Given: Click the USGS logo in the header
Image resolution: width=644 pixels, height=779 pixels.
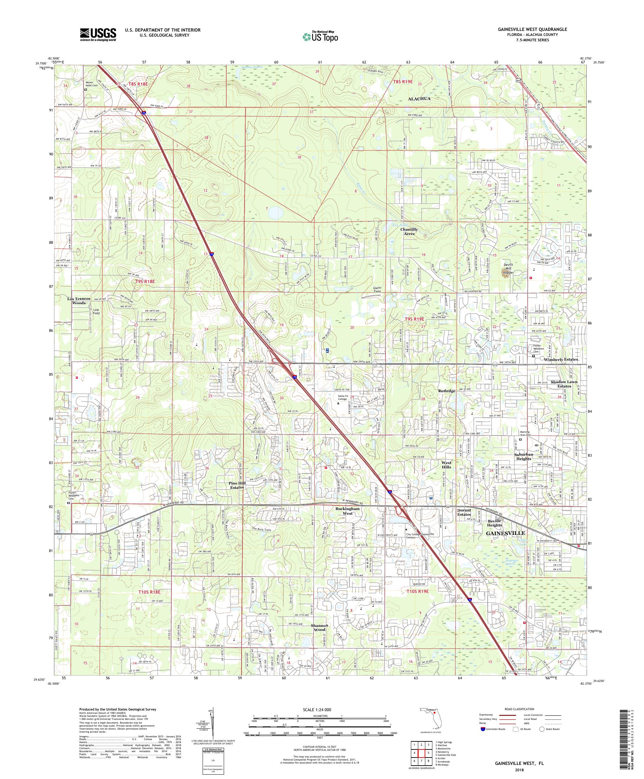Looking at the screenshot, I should [x=98, y=35].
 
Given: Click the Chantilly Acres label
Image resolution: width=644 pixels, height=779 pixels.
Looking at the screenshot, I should [x=409, y=231].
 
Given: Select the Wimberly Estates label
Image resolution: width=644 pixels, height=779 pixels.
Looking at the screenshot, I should [x=560, y=360].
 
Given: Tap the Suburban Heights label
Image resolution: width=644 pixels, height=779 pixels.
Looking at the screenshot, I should [x=523, y=456].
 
